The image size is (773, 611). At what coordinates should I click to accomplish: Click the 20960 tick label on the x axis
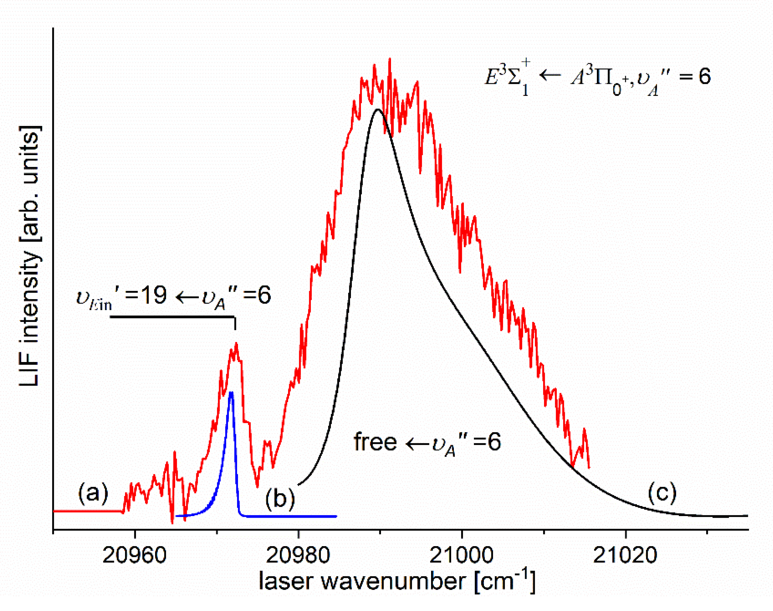pyautogui.click(x=134, y=556)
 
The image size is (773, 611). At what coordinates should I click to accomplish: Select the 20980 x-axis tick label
pyautogui.click(x=298, y=556)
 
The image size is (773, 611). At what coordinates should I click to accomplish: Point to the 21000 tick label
pyautogui.click(x=462, y=556)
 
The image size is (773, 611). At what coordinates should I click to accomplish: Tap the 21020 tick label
pyautogui.click(x=625, y=556)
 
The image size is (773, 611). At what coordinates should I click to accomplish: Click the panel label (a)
pyautogui.click(x=93, y=493)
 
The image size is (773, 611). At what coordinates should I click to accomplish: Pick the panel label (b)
pyautogui.click(x=280, y=498)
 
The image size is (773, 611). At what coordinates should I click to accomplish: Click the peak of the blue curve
pyautogui.click(x=231, y=392)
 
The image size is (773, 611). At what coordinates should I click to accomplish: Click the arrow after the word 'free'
pyautogui.click(x=417, y=444)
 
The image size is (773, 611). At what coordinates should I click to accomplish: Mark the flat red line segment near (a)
pyautogui.click(x=88, y=511)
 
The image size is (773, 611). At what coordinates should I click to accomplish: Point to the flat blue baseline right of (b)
pyautogui.click(x=290, y=516)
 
